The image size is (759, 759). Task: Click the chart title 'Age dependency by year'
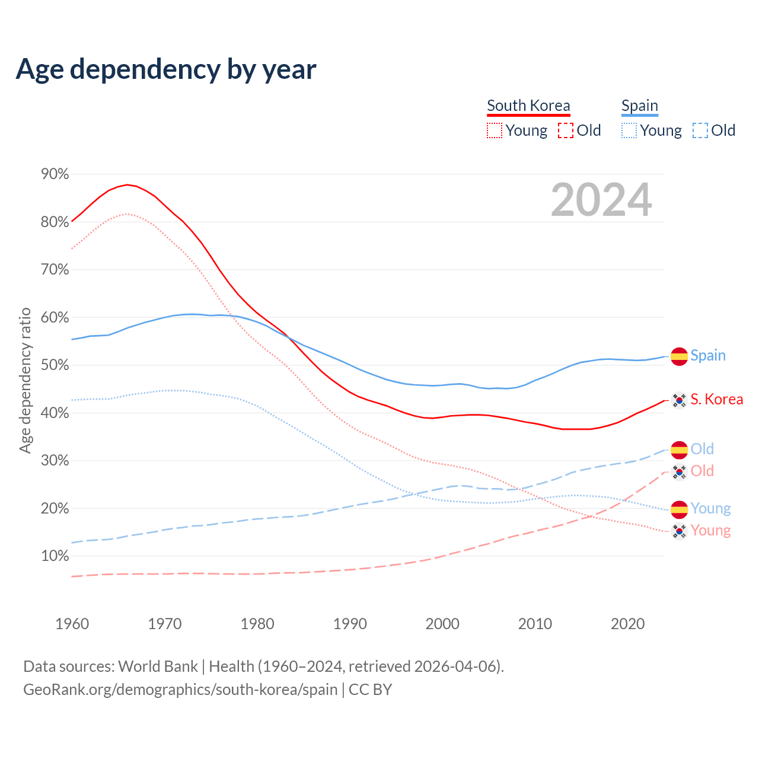166,69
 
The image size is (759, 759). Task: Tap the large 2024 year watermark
601,200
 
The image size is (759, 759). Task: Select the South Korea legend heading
528,106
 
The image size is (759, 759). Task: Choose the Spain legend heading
639,106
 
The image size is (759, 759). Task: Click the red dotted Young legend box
495,130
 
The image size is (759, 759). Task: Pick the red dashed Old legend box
566,130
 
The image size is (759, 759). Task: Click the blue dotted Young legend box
629,130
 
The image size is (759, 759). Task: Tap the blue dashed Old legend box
700,130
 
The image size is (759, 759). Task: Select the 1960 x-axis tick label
72,624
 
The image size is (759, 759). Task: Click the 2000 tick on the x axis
442,624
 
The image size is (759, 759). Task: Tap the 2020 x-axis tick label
627,624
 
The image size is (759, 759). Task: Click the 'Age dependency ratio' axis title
25,380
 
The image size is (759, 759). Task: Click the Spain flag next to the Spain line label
679,356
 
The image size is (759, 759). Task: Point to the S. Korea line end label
716,400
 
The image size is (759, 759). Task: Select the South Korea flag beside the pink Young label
679,531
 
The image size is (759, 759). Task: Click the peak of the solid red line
127,184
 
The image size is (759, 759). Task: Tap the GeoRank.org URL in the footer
180,690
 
